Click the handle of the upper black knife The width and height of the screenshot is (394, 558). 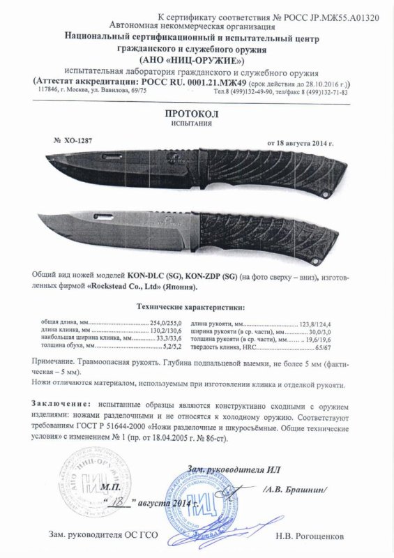point(286,167)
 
